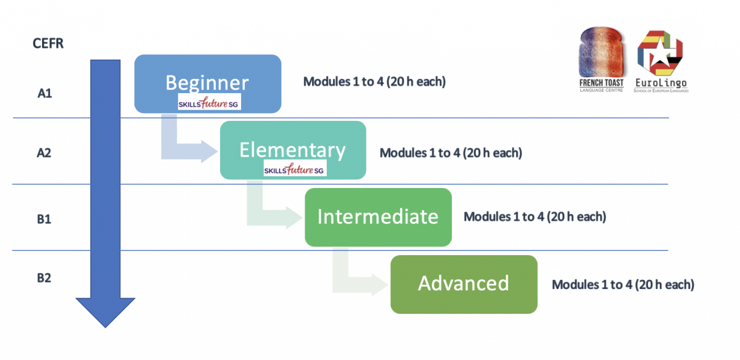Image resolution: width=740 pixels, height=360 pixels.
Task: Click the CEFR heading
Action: click(x=47, y=44)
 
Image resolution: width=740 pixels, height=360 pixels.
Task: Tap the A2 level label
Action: click(x=44, y=153)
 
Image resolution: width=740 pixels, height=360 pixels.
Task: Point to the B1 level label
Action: click(x=44, y=219)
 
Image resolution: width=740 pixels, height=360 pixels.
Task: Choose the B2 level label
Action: click(x=44, y=278)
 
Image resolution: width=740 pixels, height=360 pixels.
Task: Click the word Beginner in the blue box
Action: click(x=207, y=82)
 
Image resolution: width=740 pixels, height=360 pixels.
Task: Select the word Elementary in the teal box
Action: click(x=293, y=150)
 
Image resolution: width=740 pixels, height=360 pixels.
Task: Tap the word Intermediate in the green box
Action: click(x=377, y=216)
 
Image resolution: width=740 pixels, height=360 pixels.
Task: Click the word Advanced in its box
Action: click(x=463, y=283)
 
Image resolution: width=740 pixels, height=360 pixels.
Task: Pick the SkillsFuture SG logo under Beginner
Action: click(x=210, y=102)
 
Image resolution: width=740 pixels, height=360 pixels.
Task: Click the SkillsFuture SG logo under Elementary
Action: click(x=295, y=169)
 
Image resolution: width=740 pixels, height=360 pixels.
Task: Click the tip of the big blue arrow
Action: click(x=104, y=324)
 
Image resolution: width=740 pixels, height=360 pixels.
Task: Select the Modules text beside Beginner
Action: click(x=374, y=81)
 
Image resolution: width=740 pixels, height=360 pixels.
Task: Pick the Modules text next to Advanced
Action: click(x=623, y=285)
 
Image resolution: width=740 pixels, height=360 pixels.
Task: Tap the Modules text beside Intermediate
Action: click(x=535, y=217)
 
